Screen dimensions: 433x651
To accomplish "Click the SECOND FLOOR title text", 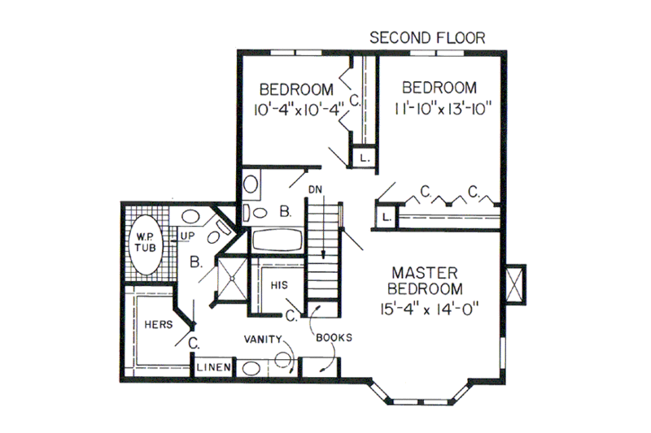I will point(427,37).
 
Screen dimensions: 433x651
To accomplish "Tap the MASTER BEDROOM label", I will point(426,279).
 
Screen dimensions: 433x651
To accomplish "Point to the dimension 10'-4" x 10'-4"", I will point(297,106).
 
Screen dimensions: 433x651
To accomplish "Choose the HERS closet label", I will point(157,323).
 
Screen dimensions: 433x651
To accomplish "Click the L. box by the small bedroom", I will point(364,158).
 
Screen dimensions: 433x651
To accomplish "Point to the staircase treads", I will point(323,252).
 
